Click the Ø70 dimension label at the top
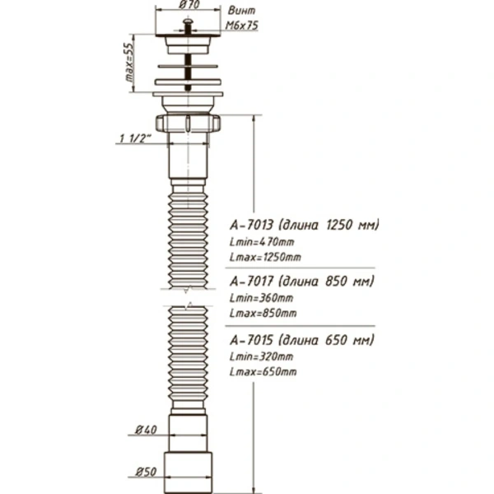pyautogui.click(x=189, y=4)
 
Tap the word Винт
pyautogui.click(x=241, y=11)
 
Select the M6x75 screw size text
pyautogui.click(x=241, y=26)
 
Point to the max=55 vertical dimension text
pyautogui.click(x=129, y=62)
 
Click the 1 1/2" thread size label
pyautogui.click(x=136, y=138)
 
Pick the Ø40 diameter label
pyautogui.click(x=146, y=430)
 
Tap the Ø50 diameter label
pyautogui.click(x=146, y=472)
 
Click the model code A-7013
pyautogui.click(x=251, y=225)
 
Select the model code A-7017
pyautogui.click(x=251, y=281)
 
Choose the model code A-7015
pyautogui.click(x=251, y=340)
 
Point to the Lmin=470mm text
pyautogui.click(x=262, y=242)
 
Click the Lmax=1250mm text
pyautogui.click(x=265, y=257)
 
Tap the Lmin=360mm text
pyautogui.click(x=262, y=298)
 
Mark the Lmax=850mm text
pyautogui.click(x=263, y=313)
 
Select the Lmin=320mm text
pyautogui.click(x=262, y=357)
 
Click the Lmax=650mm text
pyautogui.click(x=263, y=372)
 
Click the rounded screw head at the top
pyautogui.click(x=188, y=21)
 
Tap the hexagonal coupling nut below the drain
pyautogui.click(x=188, y=123)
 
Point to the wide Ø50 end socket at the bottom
pyautogui.click(x=188, y=473)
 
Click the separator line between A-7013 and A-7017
pyautogui.click(x=300, y=268)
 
